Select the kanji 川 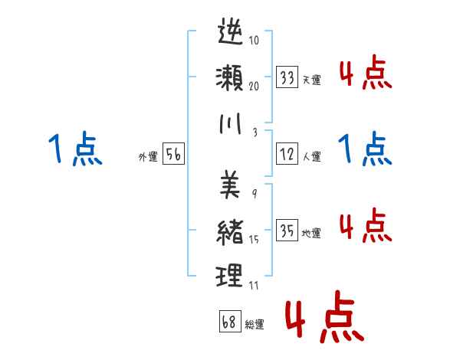tap(231, 126)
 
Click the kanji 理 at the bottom tap(231, 276)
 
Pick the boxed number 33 tap(287, 77)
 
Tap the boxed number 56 tap(173, 155)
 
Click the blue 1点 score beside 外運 tap(72, 149)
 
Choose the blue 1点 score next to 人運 tap(365, 149)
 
